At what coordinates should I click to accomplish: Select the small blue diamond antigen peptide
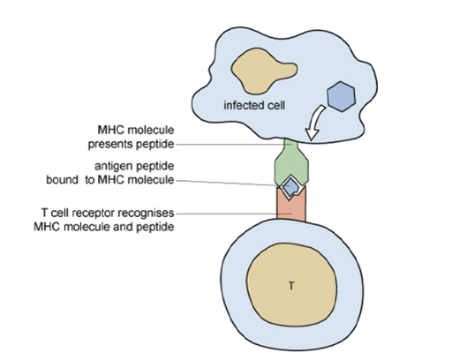290,184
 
